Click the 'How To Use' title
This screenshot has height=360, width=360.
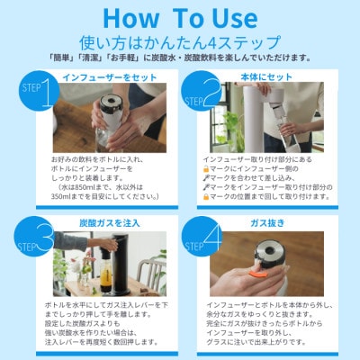point(180,17)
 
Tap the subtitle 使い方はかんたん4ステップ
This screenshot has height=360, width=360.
point(180,40)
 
